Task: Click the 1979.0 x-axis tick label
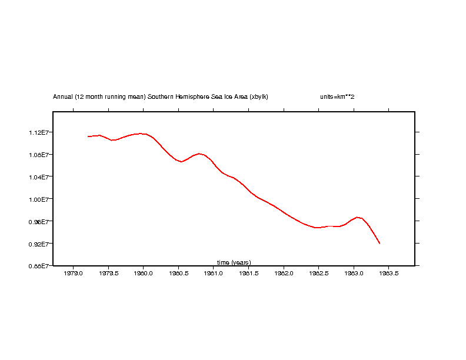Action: point(73,274)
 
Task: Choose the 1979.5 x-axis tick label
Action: point(108,274)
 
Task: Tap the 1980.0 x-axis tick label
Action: point(143,274)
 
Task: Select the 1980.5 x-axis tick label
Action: point(178,274)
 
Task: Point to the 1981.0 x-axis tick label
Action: point(214,274)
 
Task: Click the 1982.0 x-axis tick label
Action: point(284,274)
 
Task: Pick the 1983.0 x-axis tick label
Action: point(354,274)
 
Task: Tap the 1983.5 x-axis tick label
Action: point(389,274)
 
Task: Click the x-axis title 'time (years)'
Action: point(234,262)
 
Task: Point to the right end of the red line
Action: point(380,244)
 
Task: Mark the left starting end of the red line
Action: point(88,136)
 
